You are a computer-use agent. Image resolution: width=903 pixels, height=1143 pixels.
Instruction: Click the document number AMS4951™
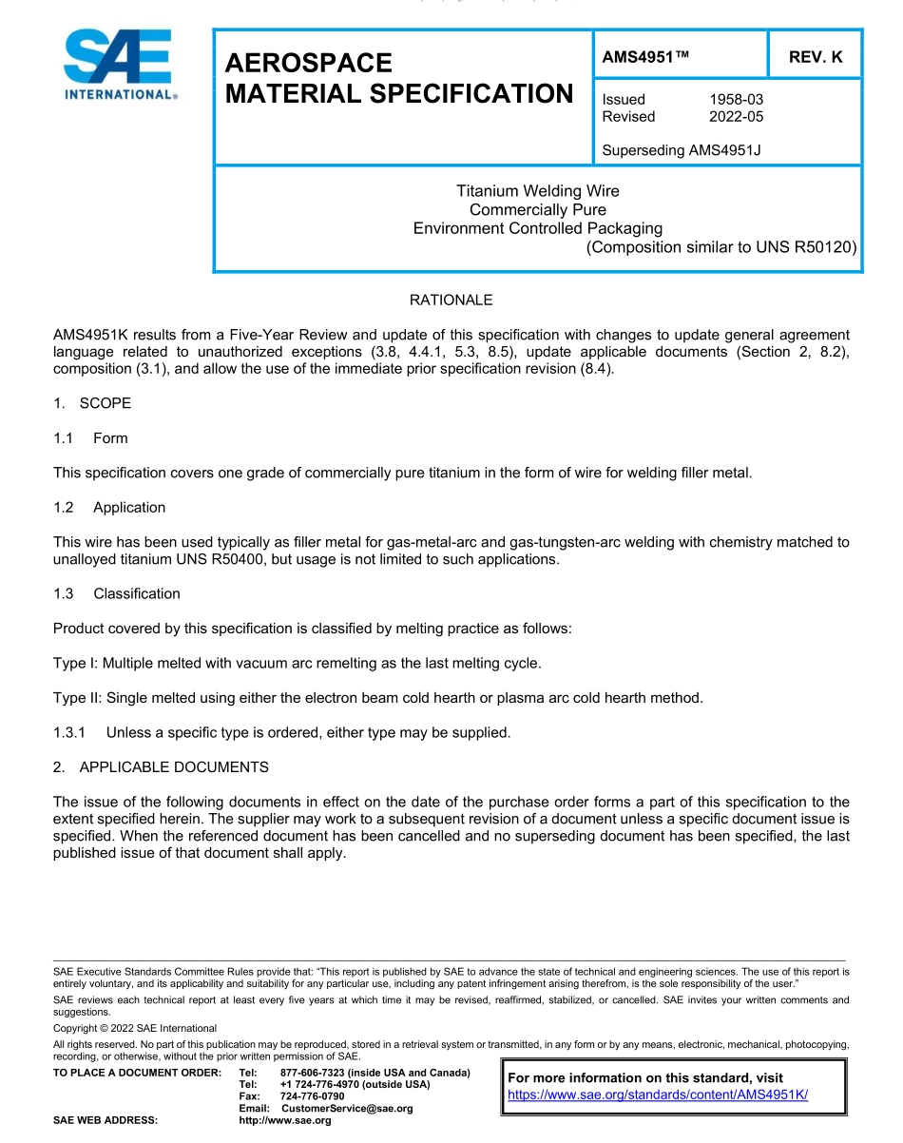coord(645,57)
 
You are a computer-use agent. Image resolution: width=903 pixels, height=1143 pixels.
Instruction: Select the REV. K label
coord(816,57)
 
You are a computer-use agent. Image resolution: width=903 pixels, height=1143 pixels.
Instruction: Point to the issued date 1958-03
coord(736,99)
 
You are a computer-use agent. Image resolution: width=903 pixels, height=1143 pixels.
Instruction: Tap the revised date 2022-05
coord(736,117)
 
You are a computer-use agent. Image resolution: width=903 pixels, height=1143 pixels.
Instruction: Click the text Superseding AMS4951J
coord(682,149)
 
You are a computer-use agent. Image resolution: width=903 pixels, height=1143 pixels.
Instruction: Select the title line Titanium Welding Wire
coord(537,191)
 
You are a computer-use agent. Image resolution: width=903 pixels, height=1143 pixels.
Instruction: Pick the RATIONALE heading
coord(451,300)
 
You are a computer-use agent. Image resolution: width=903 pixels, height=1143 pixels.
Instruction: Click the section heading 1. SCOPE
coord(92,403)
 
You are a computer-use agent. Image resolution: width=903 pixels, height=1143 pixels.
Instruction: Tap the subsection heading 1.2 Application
coord(110,508)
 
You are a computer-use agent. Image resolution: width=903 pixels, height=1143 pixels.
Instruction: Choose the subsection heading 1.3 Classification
coord(118,593)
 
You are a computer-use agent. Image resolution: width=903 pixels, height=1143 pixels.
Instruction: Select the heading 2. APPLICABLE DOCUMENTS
coord(161,767)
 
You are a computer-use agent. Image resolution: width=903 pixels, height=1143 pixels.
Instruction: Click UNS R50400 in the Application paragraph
coord(227,559)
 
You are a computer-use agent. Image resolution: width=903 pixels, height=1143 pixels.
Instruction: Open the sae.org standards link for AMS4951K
coord(658,1095)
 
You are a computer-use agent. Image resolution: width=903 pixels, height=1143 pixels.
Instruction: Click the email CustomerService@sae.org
coord(347,1109)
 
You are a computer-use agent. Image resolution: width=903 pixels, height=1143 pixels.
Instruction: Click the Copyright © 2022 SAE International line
coord(135,1028)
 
